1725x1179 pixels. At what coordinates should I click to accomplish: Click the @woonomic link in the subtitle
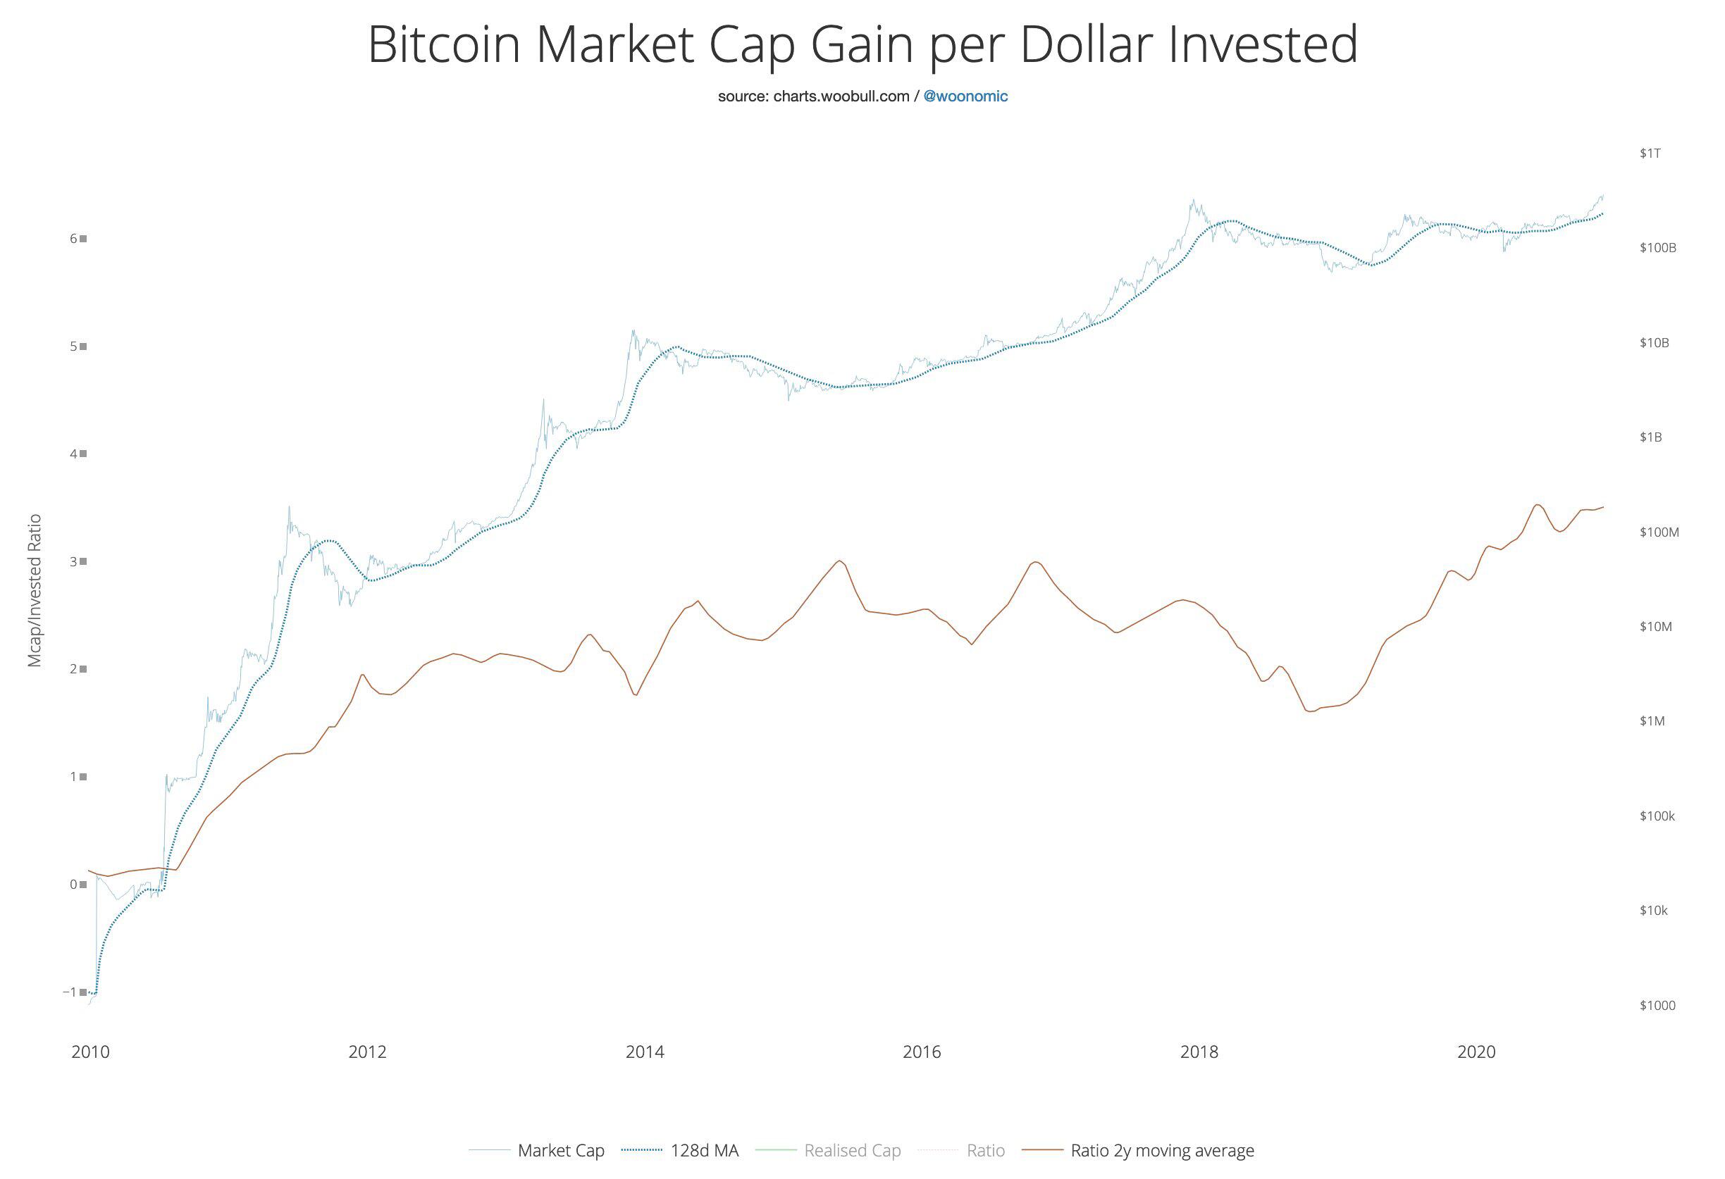coord(965,96)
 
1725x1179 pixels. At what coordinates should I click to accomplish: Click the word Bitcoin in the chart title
coord(443,44)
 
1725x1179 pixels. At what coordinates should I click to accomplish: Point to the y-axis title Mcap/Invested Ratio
coord(34,591)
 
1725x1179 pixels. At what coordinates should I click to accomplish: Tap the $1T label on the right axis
coord(1651,154)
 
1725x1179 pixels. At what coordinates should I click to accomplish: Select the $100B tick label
coord(1658,248)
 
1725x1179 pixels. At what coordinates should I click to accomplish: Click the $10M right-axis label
coord(1656,627)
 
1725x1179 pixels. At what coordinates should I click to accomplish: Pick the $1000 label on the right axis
coord(1657,1005)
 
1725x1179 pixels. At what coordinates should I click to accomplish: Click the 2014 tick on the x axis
coord(644,1052)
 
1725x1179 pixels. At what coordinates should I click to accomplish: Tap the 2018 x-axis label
coord(1199,1052)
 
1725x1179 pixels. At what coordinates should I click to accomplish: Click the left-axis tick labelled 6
coord(73,238)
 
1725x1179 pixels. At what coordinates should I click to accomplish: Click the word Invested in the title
coord(1263,44)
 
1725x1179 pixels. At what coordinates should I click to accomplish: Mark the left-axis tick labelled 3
coord(73,561)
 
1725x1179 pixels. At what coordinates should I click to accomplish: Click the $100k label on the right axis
coord(1657,816)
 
